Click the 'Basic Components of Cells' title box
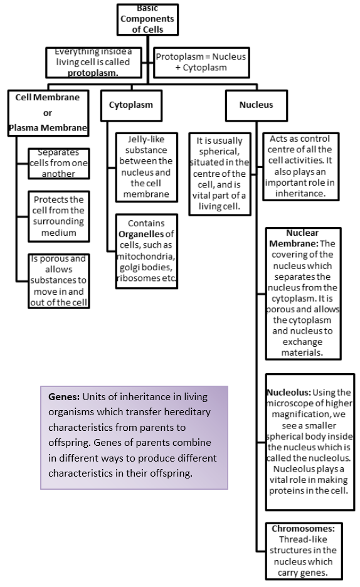point(147,19)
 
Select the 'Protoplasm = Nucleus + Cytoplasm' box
point(201,62)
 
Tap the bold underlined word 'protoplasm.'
point(93,73)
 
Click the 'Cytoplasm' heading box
point(131,105)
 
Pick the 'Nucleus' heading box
point(257,105)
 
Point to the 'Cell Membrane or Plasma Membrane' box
point(48,113)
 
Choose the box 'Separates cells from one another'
point(59,163)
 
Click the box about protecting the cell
point(59,216)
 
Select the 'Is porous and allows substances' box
point(59,281)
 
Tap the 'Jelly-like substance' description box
point(146,167)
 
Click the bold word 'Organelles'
point(142,235)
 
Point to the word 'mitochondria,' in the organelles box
point(146,256)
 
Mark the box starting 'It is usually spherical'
point(220,174)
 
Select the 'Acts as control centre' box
point(300,166)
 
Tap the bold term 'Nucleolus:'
point(289,393)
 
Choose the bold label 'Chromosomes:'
point(303,529)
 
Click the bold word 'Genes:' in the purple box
point(64,397)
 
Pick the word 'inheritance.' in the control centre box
point(300,194)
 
